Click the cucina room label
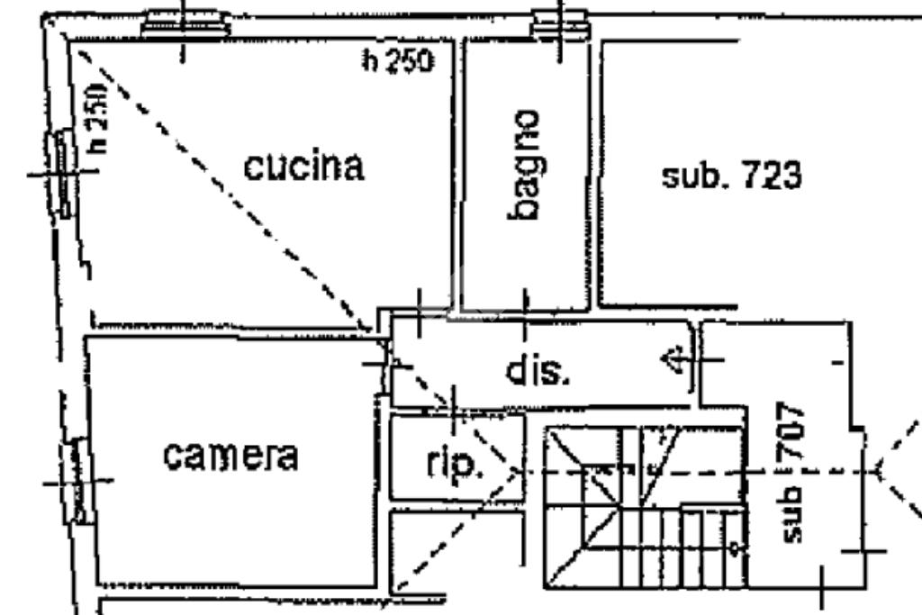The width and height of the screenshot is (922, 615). coord(305,167)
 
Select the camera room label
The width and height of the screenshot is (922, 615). coord(230,456)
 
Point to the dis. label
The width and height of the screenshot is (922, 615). coord(538,370)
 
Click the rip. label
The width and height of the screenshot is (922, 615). coord(455,465)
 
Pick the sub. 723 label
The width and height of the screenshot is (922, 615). coord(731,176)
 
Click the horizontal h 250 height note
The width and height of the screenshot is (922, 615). coord(397,61)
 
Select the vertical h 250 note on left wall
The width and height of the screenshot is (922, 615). coord(97,117)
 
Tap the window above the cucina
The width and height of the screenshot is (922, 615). coord(185,23)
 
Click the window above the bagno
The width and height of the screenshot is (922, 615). coord(560,24)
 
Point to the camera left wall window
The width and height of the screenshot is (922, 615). coord(79,479)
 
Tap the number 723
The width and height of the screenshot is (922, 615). coord(771,176)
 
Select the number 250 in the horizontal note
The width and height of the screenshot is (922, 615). coord(410,61)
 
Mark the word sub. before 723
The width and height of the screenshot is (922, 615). coord(694,176)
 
